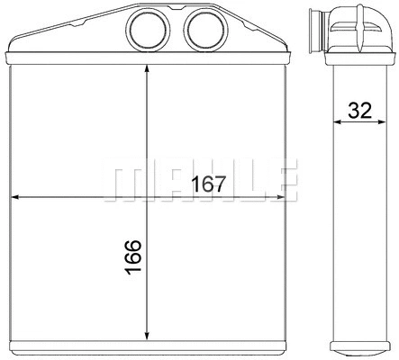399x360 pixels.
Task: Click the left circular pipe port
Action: click(144, 31)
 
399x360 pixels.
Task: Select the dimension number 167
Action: click(207, 184)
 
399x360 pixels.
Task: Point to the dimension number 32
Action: click(360, 111)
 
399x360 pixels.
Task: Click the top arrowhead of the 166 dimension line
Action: click(148, 71)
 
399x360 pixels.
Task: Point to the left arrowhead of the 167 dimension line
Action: click(14, 196)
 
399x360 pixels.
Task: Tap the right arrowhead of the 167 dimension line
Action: click(280, 196)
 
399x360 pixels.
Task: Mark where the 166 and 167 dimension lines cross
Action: click(148, 196)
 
